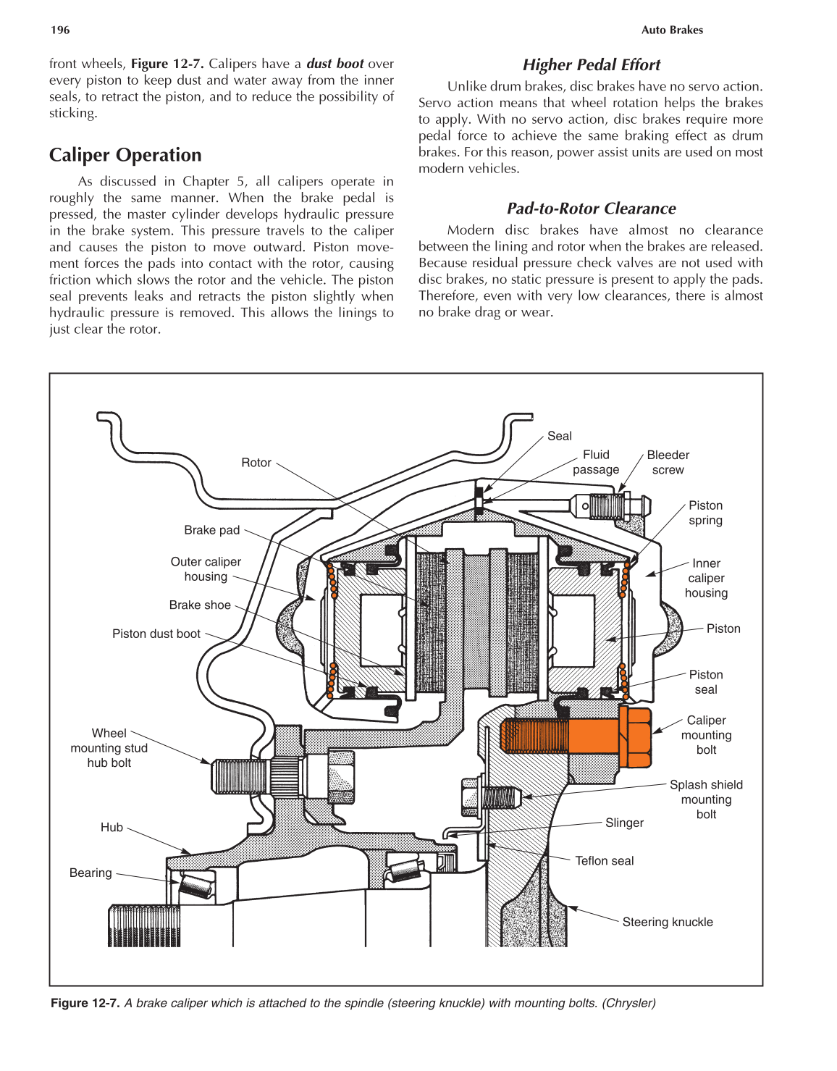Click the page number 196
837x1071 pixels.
(60, 30)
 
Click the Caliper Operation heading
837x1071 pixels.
(125, 155)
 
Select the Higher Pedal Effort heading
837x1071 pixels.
(591, 65)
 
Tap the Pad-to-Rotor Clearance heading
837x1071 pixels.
(591, 209)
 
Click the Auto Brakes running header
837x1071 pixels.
(671, 30)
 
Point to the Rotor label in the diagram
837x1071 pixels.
(256, 463)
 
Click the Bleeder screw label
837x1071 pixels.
(668, 462)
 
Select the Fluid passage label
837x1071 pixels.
(596, 462)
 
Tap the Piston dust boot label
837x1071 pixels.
(156, 634)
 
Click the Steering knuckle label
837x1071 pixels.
(667, 922)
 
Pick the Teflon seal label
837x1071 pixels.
(604, 860)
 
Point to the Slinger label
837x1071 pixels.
(624, 823)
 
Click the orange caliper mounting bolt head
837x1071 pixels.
(636, 737)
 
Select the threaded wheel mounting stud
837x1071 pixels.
(243, 776)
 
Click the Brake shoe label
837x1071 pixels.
(200, 605)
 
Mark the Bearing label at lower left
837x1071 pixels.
(91, 873)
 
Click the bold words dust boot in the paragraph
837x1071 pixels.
(335, 64)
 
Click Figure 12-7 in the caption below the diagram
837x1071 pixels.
(85, 1003)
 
